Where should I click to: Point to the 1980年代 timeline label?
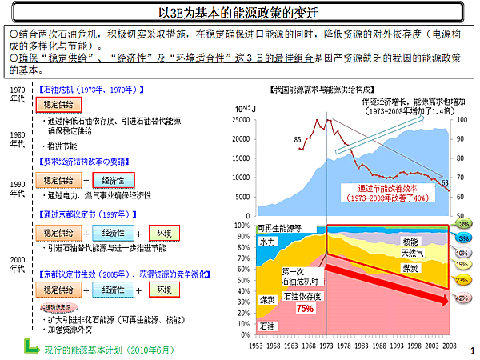18,138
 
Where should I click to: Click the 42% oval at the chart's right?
462,298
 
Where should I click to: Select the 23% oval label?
462,280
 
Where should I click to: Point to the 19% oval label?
462,263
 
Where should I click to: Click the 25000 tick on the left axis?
245,119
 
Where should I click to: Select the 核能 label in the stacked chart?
410,242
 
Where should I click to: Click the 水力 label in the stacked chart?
268,241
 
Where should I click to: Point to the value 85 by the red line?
298,139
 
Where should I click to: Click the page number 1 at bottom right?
473,350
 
